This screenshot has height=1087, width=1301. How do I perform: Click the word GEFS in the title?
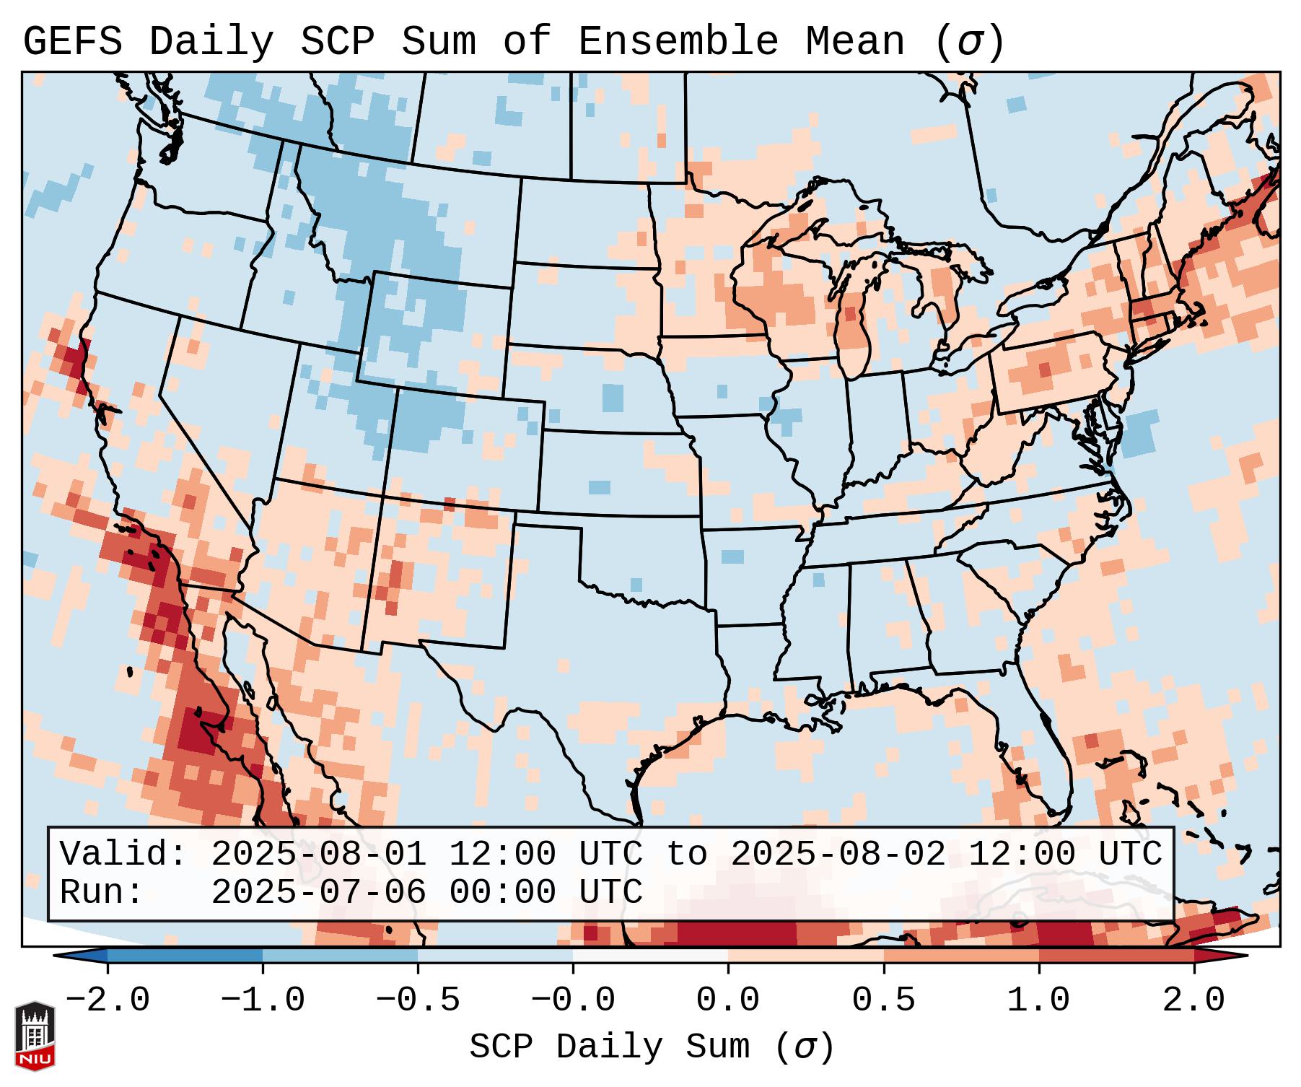(x=72, y=42)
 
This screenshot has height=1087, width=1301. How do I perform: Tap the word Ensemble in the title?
(x=678, y=42)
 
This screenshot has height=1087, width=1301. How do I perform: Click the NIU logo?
(x=35, y=1036)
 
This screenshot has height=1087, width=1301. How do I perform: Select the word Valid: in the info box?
(x=123, y=855)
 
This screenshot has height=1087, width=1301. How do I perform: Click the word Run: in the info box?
(x=101, y=893)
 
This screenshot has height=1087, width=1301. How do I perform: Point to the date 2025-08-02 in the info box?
(x=838, y=855)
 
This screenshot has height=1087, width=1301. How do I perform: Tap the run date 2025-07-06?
(x=318, y=893)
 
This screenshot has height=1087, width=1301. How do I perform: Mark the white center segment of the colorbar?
(x=650, y=956)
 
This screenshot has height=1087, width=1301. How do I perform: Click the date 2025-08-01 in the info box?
(x=318, y=855)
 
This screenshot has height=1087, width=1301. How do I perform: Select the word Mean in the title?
(x=855, y=42)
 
